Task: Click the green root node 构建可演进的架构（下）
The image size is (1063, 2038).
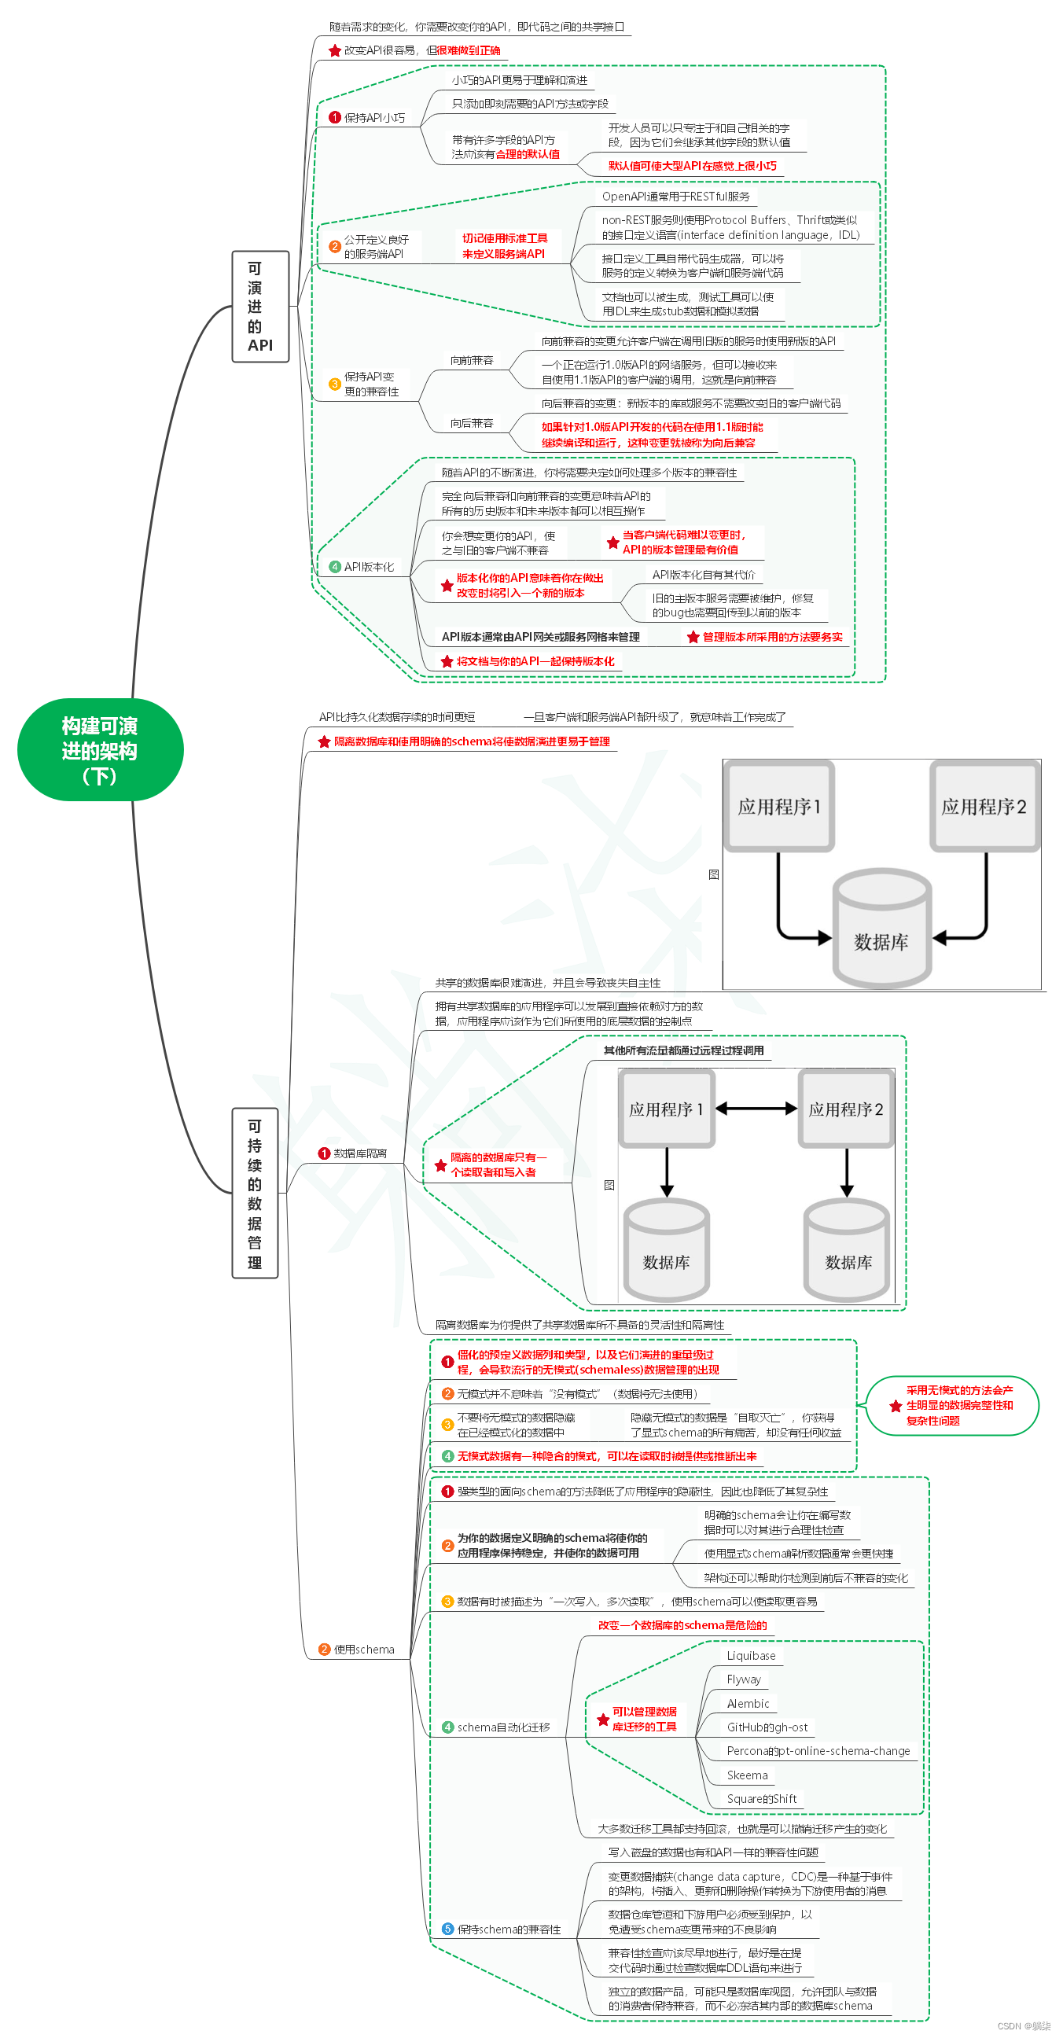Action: tap(101, 749)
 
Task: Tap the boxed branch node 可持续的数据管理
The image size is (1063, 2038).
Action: tap(255, 1193)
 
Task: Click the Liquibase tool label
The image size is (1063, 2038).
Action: tap(751, 1656)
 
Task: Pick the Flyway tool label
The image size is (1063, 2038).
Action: tap(744, 1679)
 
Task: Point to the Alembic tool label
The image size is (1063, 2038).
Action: tap(748, 1703)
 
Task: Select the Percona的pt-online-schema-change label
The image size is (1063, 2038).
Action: tap(818, 1751)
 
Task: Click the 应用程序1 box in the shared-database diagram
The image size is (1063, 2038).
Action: tap(780, 807)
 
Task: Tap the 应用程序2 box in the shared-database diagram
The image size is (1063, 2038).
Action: tap(984, 807)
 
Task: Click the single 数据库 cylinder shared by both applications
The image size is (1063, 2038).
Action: tap(881, 929)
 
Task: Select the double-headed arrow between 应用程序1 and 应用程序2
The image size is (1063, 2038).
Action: tap(756, 1109)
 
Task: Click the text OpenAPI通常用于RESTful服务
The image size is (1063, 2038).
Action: tap(675, 197)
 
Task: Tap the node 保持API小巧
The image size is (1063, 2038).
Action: tap(373, 118)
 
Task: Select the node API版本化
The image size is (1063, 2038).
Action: tap(368, 566)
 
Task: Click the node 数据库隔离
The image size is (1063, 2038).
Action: tap(359, 1153)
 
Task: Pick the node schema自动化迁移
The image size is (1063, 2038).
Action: tap(503, 1727)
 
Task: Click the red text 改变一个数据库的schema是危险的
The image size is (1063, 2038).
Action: tap(682, 1625)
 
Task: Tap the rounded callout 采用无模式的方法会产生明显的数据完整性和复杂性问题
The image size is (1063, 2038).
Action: tap(953, 1405)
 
